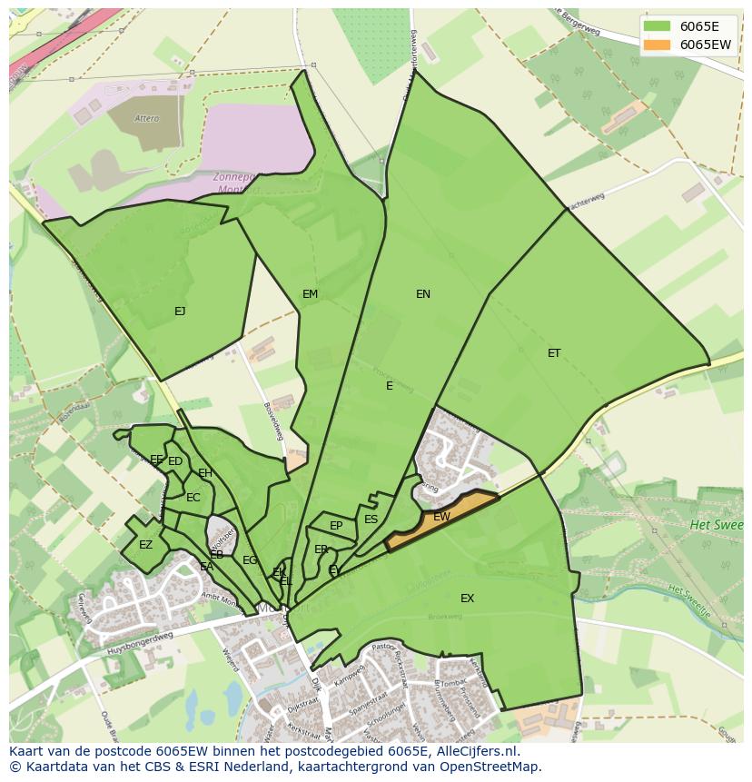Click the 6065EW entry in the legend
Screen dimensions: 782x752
(x=705, y=44)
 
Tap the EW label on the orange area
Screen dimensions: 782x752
(x=441, y=517)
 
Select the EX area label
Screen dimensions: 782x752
(x=467, y=598)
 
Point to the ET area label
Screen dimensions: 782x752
(x=554, y=353)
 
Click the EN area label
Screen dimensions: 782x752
(x=423, y=293)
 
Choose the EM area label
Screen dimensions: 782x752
(x=311, y=293)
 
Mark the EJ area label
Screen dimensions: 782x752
(x=180, y=311)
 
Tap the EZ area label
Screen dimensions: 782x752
(x=145, y=545)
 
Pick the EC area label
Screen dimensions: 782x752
(x=193, y=498)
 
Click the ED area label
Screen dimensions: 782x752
(x=175, y=461)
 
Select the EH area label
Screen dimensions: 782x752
(x=205, y=473)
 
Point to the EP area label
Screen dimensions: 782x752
(x=336, y=525)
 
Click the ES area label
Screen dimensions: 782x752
(x=371, y=520)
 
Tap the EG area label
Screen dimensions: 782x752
(x=250, y=560)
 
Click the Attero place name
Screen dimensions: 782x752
(x=146, y=118)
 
